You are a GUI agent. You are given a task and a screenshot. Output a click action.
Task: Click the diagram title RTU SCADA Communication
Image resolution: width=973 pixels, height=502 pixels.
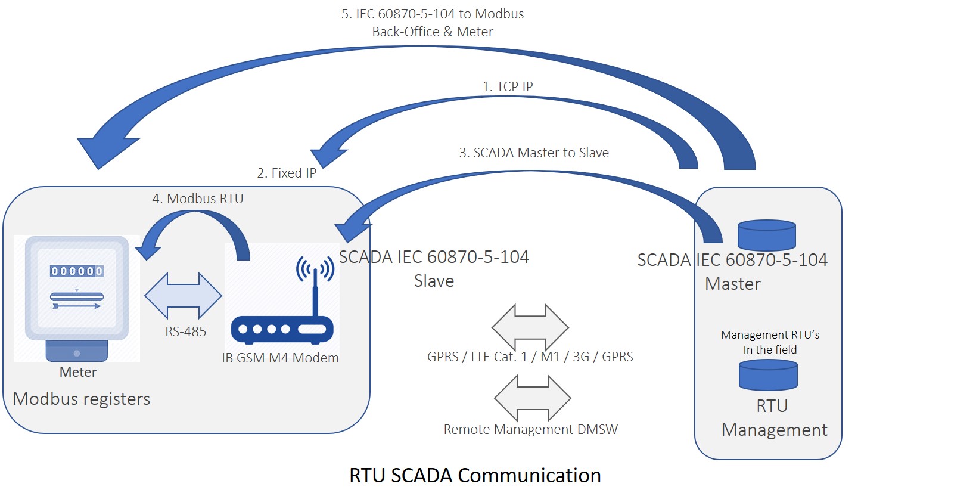click(x=475, y=475)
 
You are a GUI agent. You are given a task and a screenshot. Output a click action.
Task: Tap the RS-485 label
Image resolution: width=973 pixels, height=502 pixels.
click(x=185, y=331)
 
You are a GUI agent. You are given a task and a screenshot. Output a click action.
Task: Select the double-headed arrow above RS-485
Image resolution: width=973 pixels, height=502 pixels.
click(x=183, y=296)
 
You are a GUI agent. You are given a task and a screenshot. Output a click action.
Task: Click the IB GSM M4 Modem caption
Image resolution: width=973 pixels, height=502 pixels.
click(x=280, y=358)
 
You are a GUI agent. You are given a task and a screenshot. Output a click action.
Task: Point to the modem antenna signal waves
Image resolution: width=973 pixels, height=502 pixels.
click(x=315, y=268)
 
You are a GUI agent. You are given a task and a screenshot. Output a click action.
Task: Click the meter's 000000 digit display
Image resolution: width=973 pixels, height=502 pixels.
click(x=77, y=271)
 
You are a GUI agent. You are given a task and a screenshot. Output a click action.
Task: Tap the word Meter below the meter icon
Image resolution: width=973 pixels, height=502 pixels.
click(x=77, y=372)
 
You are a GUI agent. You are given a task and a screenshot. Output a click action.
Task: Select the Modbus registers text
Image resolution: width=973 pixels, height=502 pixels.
click(x=81, y=399)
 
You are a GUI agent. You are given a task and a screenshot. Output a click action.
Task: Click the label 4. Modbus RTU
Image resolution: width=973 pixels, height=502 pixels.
click(x=198, y=199)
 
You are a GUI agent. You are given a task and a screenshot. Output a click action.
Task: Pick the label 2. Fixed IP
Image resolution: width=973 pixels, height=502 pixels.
click(x=287, y=173)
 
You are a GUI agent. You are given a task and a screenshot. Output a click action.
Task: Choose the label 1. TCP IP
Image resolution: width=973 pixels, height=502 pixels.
click(x=507, y=86)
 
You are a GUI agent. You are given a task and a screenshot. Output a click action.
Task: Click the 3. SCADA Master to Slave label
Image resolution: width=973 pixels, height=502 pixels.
click(x=534, y=153)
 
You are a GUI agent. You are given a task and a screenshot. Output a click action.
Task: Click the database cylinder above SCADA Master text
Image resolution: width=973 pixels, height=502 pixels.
click(x=767, y=235)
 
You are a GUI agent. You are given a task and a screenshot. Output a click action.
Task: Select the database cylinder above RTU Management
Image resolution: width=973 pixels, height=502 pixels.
click(x=768, y=375)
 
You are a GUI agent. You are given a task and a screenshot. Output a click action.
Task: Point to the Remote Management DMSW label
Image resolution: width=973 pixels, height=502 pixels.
click(x=530, y=429)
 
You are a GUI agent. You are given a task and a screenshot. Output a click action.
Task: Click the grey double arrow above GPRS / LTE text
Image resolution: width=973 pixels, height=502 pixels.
click(x=530, y=327)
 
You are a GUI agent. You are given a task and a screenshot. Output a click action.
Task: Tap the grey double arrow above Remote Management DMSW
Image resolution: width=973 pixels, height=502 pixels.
click(x=533, y=398)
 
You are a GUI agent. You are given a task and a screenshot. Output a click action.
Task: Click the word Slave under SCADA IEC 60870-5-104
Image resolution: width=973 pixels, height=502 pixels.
click(x=434, y=281)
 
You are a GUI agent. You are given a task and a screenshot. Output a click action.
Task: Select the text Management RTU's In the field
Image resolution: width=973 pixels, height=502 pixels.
click(x=770, y=342)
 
